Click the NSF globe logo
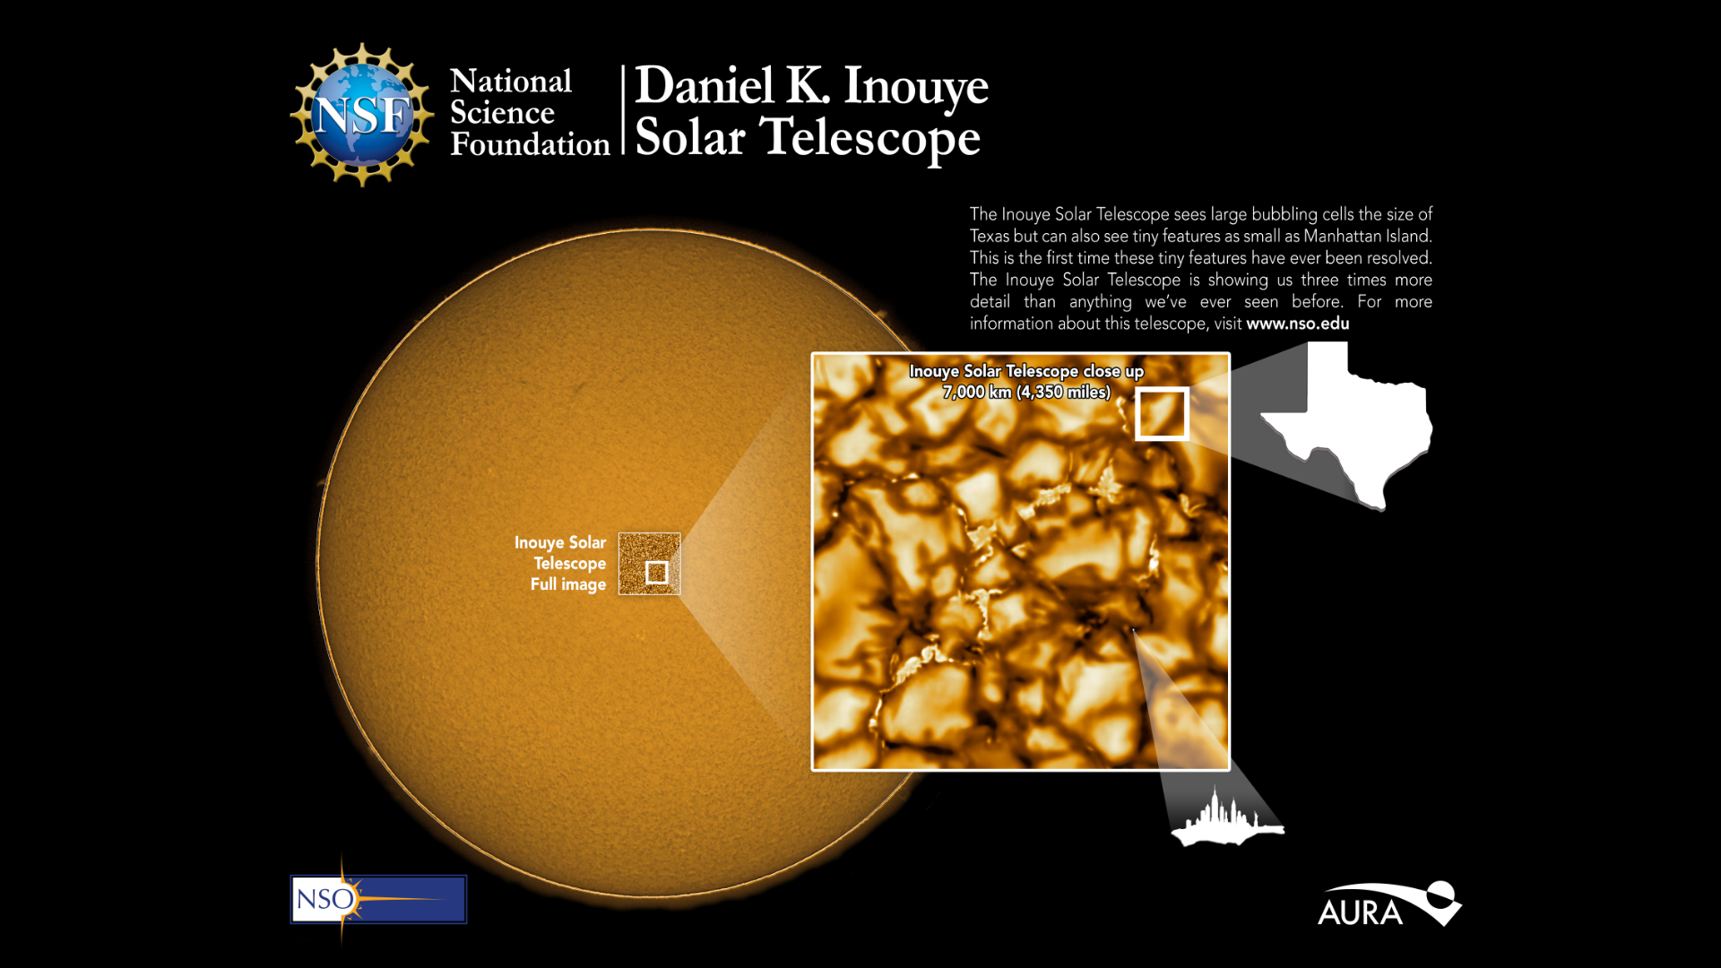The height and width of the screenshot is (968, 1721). tap(362, 115)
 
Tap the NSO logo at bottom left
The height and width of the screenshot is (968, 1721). tap(378, 899)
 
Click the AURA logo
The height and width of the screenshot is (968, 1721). tap(1389, 904)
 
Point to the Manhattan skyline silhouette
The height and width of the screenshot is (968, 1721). tap(1227, 818)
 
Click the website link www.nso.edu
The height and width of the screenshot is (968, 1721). tap(1297, 324)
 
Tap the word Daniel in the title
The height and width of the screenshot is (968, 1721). tap(704, 86)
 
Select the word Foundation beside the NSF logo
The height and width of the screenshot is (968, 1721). tap(530, 144)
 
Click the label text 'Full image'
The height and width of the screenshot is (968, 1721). tap(568, 584)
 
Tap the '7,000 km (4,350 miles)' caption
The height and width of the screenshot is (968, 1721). tap(1026, 392)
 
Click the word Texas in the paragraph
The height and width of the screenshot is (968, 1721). tap(990, 236)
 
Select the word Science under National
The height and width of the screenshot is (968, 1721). tap(502, 113)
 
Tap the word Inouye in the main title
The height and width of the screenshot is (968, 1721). tap(915, 88)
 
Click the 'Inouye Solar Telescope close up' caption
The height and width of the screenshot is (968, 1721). tap(1026, 371)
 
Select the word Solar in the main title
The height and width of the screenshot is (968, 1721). tap(690, 139)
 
